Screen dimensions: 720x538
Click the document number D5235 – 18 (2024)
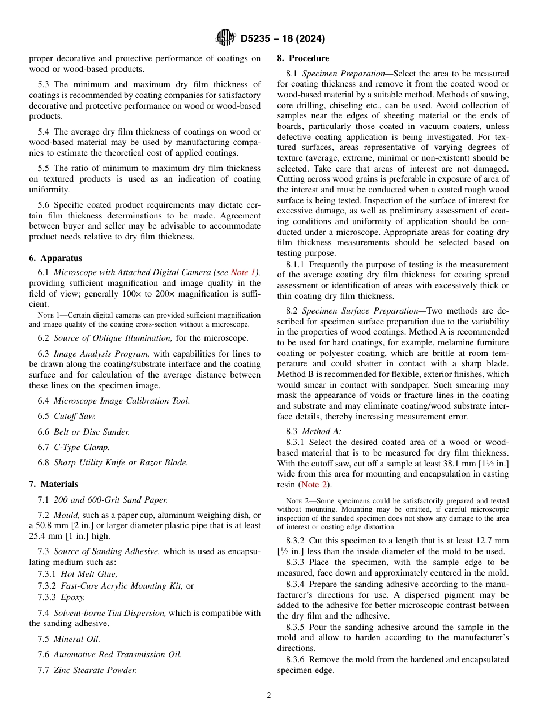tap(283, 39)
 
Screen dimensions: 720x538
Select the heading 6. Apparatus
tap(55, 258)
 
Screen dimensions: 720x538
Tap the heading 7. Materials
tap(54, 484)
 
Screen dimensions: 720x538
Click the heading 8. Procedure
tap(303, 58)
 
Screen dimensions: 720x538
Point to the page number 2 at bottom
tap(269, 696)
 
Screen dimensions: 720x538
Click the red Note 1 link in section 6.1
tap(244, 273)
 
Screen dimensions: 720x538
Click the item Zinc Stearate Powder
tap(95, 670)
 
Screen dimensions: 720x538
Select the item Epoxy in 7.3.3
tap(73, 597)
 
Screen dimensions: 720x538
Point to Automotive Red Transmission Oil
tap(118, 654)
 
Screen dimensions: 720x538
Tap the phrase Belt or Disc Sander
tap(92, 432)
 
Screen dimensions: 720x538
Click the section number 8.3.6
tap(297, 659)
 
